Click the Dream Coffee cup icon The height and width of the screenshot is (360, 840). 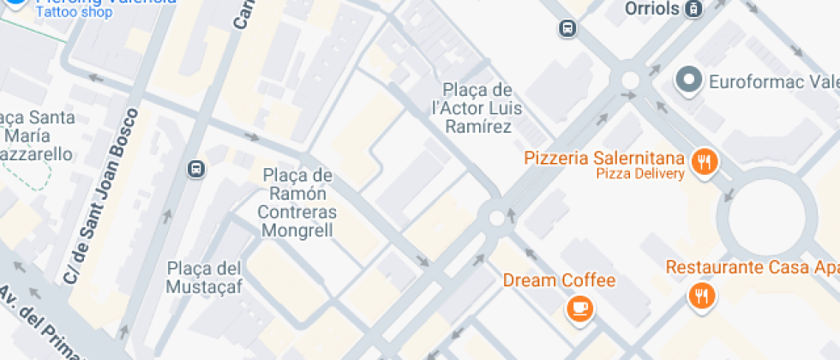tap(580, 307)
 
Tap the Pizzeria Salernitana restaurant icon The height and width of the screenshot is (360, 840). tap(705, 160)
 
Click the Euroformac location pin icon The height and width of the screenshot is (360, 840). tap(688, 81)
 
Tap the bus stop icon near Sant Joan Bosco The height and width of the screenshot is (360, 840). tap(196, 169)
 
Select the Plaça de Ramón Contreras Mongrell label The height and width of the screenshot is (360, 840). tap(297, 203)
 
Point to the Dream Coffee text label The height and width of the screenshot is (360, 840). tap(559, 280)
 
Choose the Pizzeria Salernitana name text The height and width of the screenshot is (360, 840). tap(603, 159)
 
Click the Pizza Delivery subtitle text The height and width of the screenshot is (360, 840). tap(640, 175)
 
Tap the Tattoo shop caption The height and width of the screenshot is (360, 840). tap(75, 12)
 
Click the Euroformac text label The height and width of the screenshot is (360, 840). tap(771, 81)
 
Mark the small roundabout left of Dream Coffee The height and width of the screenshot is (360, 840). tap(496, 218)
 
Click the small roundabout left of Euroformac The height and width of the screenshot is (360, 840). tap(630, 81)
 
